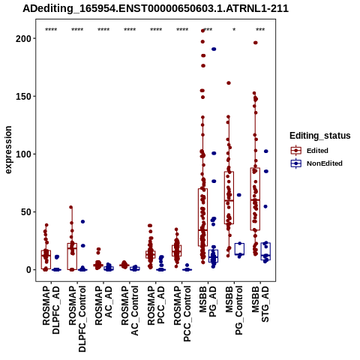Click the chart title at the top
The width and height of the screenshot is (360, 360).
[155, 8]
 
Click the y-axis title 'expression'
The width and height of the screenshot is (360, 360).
[8, 150]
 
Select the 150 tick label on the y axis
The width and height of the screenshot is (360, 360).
[23, 96]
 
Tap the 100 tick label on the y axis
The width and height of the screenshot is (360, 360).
[23, 154]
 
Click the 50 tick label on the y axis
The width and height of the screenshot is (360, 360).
[25, 211]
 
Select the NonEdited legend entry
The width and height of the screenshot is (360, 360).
[316, 163]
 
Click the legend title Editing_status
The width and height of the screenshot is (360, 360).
[320, 136]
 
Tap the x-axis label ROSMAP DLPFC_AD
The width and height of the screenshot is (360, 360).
[51, 310]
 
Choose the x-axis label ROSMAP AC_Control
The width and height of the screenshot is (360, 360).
[130, 310]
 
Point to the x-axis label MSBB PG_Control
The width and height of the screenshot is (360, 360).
[234, 310]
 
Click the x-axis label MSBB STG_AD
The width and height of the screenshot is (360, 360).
[260, 304]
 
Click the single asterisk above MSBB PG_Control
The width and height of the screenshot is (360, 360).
[234, 30]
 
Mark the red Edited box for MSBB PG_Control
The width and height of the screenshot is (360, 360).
[229, 197]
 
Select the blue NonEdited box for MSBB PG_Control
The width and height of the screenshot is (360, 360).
[239, 249]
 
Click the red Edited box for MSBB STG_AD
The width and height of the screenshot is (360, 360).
[255, 199]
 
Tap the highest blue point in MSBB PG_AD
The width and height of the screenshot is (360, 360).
[214, 49]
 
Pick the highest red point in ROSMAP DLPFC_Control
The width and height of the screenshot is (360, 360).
[71, 207]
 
